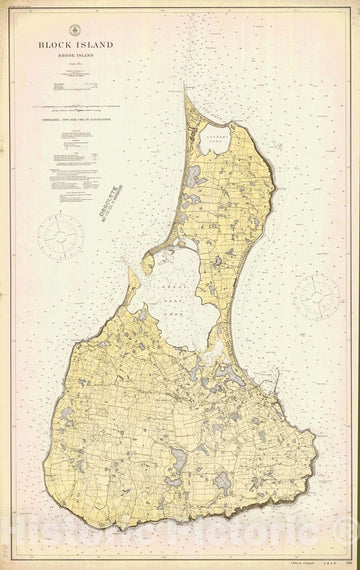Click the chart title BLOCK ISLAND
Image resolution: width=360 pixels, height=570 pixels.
point(77,45)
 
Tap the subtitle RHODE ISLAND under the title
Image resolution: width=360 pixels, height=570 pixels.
point(77,57)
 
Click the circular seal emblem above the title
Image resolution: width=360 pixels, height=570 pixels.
point(77,32)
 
